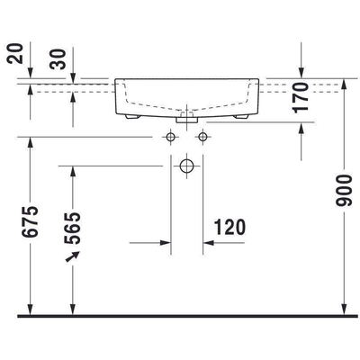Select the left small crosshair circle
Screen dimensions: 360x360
(170, 137)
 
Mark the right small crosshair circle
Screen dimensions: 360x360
(202, 137)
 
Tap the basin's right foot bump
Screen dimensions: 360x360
(242, 115)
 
